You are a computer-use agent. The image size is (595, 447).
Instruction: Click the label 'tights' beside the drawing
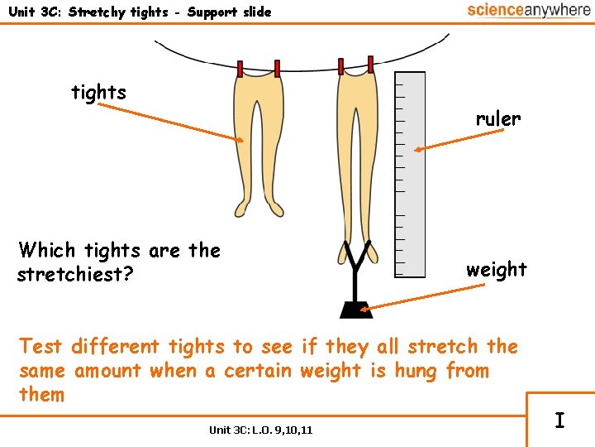click(x=99, y=92)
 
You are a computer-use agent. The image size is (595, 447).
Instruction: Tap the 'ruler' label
click(x=497, y=118)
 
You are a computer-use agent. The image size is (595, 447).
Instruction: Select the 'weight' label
click(x=496, y=269)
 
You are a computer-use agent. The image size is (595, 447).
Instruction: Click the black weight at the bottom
click(x=356, y=309)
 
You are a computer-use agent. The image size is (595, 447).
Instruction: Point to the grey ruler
click(x=410, y=174)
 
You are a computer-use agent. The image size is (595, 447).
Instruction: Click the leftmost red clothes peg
click(x=240, y=69)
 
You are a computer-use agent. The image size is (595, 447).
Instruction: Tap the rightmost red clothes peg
click(x=370, y=64)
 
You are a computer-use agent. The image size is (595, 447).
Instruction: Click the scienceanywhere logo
click(x=528, y=10)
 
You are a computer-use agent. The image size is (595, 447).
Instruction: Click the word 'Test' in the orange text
click(x=41, y=346)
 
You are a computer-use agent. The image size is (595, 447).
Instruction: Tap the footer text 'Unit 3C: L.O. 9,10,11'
click(x=260, y=430)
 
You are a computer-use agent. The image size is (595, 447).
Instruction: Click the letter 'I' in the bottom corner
click(x=559, y=421)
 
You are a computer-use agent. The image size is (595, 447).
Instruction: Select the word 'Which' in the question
click(x=46, y=250)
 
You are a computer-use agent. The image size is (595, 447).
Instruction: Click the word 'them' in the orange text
click(x=41, y=394)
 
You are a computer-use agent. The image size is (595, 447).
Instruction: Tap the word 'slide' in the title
click(x=254, y=12)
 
